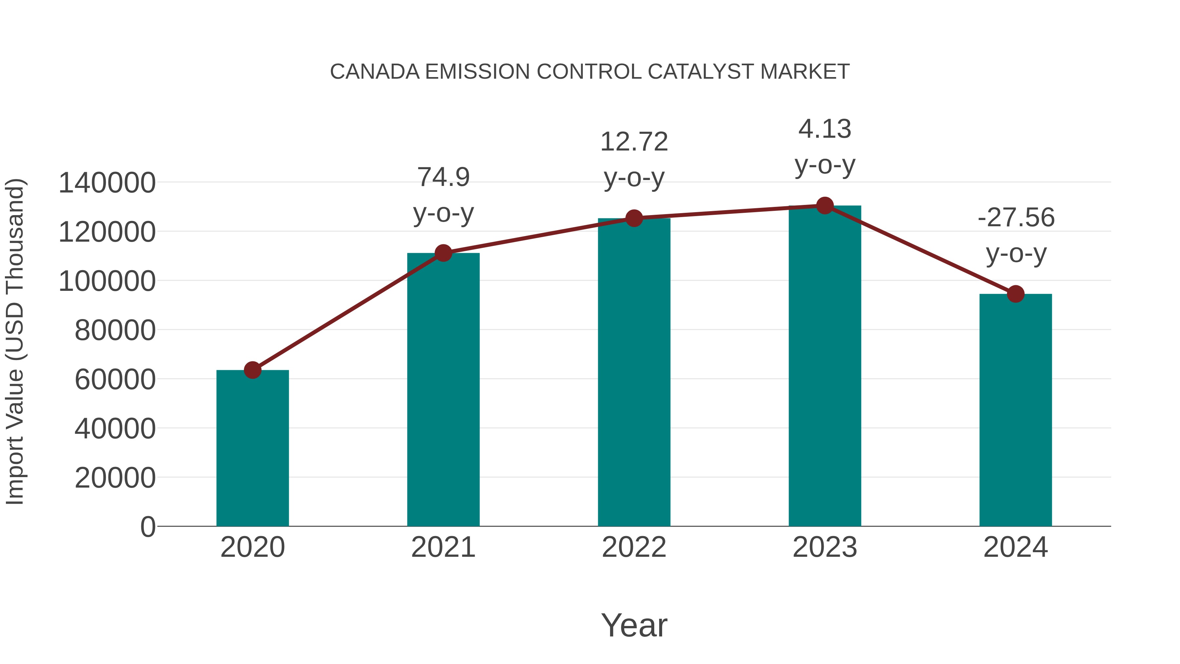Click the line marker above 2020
(x=252, y=370)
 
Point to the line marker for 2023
(x=825, y=206)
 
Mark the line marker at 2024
(x=1015, y=294)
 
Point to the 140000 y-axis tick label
(x=107, y=183)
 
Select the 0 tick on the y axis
(x=147, y=527)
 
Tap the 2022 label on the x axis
(x=634, y=547)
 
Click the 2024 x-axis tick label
(x=1015, y=547)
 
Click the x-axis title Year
(x=634, y=625)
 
